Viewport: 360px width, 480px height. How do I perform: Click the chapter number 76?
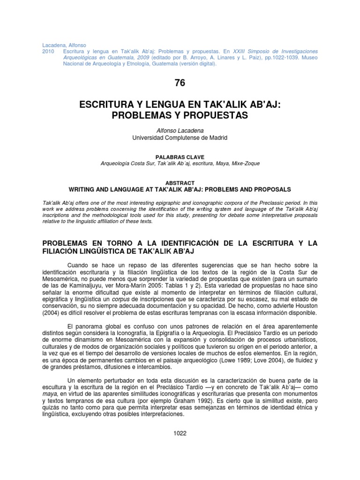180,83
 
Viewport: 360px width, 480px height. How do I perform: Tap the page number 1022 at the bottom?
180,433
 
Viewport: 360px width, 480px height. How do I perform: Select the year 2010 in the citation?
49,51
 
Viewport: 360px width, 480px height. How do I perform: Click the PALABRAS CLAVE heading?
180,156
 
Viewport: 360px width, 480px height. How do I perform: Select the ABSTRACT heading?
180,183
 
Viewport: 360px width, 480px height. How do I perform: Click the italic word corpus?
133,297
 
